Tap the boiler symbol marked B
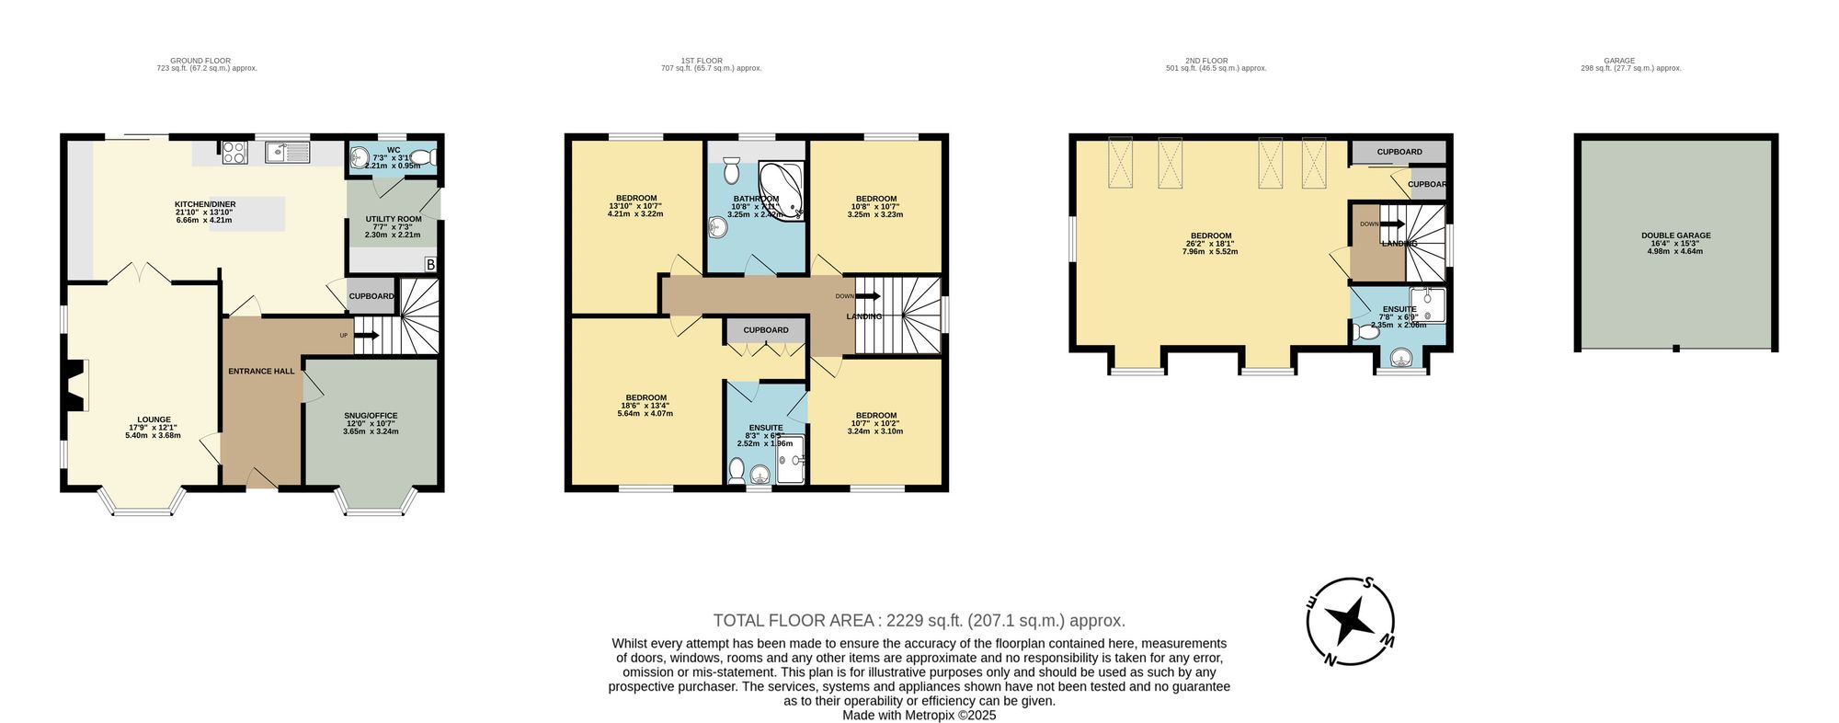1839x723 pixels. (x=429, y=265)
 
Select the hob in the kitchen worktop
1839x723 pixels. (x=234, y=152)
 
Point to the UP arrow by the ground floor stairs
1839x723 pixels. (x=364, y=336)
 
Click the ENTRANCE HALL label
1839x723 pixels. (x=261, y=372)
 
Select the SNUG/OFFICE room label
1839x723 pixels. (x=371, y=416)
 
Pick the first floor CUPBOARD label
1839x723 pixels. (x=766, y=330)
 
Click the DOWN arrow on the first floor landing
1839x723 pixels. (x=865, y=296)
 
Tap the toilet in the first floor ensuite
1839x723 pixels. (x=736, y=470)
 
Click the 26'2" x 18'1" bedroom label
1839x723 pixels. (x=1210, y=236)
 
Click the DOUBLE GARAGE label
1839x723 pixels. (x=1675, y=235)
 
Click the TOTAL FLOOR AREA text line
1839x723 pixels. (x=919, y=621)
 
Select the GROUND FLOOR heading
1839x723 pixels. (x=200, y=61)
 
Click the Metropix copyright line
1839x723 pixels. (x=919, y=715)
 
